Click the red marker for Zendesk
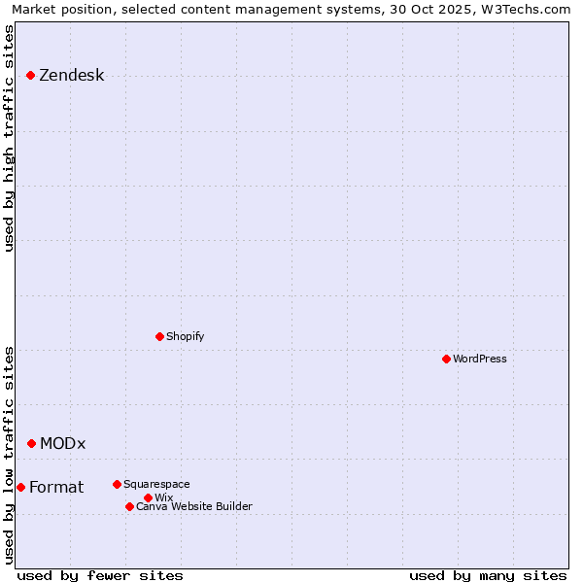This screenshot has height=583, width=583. click(x=30, y=75)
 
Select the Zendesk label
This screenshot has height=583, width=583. click(x=71, y=76)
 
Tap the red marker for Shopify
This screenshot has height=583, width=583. click(x=159, y=336)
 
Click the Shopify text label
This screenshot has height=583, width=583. click(x=185, y=336)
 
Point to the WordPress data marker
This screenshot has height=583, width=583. click(x=446, y=359)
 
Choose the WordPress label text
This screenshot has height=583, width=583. click(x=479, y=359)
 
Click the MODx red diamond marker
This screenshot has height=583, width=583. click(x=31, y=443)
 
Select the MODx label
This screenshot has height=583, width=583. click(x=62, y=444)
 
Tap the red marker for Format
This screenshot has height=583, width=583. click(x=20, y=487)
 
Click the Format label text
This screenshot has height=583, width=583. click(x=56, y=488)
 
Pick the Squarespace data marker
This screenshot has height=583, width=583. click(x=117, y=484)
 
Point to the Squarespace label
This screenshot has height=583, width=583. click(x=156, y=484)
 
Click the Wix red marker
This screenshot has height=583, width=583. click(x=148, y=497)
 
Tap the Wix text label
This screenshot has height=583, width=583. click(x=163, y=497)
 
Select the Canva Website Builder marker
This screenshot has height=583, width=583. click(x=129, y=506)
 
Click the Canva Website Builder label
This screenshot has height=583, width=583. click(x=193, y=506)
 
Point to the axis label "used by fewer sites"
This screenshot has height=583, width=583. click(x=100, y=575)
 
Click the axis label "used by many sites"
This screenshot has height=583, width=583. click(x=488, y=575)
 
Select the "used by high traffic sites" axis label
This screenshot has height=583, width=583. click(x=9, y=139)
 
